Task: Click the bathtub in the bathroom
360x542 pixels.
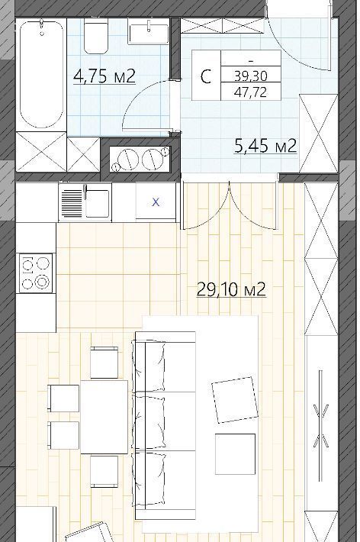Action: (x=41, y=73)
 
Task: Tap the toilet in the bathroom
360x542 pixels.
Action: (x=95, y=36)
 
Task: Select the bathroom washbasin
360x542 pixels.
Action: (x=148, y=31)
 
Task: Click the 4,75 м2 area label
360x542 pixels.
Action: (x=104, y=76)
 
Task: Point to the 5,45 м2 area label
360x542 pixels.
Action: (x=265, y=147)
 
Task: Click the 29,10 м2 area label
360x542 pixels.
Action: (x=231, y=289)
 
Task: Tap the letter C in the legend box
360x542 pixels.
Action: (x=206, y=76)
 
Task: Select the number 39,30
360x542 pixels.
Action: (x=251, y=76)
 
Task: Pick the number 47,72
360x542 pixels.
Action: (x=251, y=92)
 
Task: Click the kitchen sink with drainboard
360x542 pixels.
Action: (x=85, y=202)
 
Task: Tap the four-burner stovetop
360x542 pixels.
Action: (x=36, y=273)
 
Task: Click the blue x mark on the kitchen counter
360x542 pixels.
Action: (x=156, y=202)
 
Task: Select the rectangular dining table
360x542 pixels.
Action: (x=104, y=417)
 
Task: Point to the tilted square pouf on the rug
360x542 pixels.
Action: (x=235, y=400)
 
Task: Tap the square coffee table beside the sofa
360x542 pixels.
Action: (x=235, y=454)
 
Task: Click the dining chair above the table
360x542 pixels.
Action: (x=104, y=363)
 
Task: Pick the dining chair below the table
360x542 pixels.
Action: (x=104, y=471)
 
